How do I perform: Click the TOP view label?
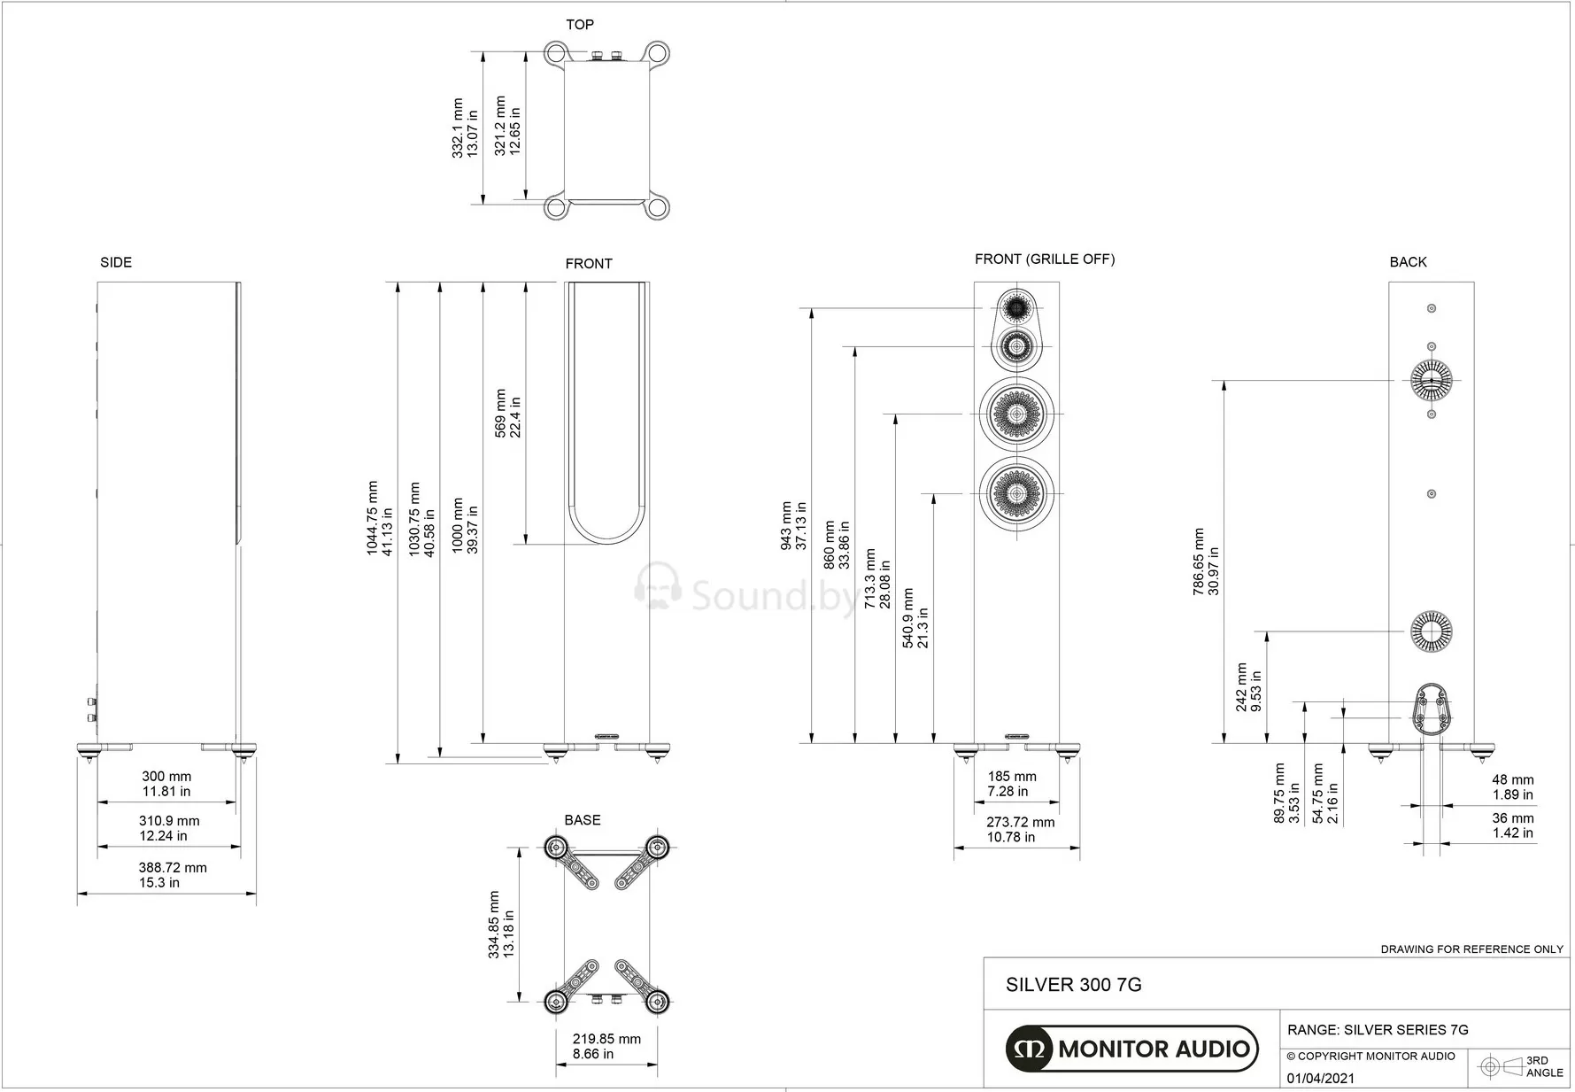(x=580, y=25)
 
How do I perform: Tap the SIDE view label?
(x=116, y=262)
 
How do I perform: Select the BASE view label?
(x=583, y=820)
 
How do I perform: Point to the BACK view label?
(x=1408, y=262)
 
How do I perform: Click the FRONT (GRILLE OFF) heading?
(x=1045, y=259)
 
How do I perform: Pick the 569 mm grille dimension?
(x=507, y=414)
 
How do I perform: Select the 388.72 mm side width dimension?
(x=173, y=875)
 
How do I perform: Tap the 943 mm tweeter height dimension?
(x=793, y=526)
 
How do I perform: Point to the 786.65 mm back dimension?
(x=1206, y=561)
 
